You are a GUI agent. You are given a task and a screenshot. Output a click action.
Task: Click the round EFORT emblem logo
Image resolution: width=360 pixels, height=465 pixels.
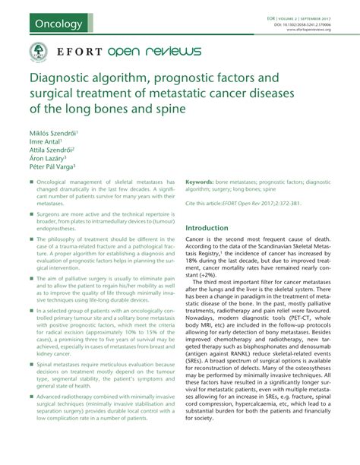click(35, 52)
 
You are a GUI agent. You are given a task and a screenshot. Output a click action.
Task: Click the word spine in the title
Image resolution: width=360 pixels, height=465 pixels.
click(166, 109)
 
